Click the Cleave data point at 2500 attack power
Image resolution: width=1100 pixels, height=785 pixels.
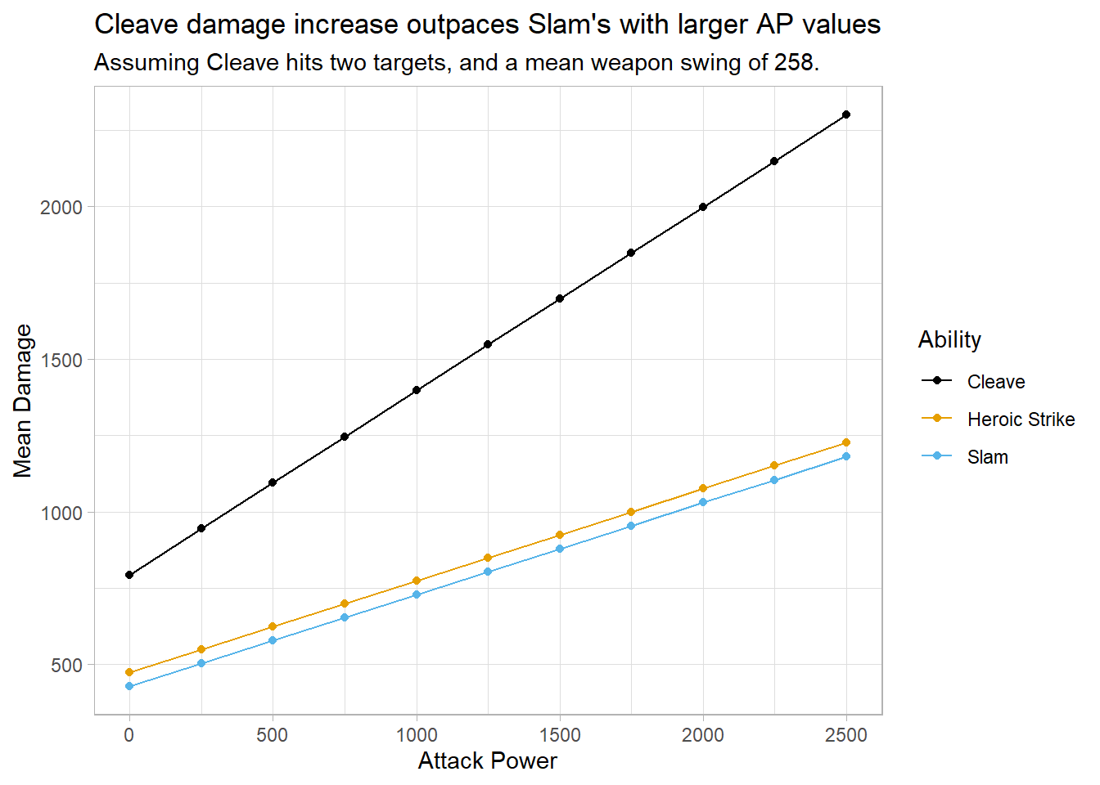pos(846,114)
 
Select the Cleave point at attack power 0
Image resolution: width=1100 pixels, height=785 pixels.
pos(129,575)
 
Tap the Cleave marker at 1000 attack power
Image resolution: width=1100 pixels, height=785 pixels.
pos(417,390)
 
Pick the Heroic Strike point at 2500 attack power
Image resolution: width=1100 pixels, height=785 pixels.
pos(846,442)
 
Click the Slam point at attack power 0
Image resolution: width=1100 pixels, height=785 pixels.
pos(129,686)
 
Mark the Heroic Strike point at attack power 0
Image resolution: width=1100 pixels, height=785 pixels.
pos(129,672)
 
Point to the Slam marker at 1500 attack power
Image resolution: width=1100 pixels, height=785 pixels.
pos(560,549)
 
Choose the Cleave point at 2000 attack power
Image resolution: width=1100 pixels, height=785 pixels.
pos(703,207)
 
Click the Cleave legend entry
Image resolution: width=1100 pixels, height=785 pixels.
pos(995,382)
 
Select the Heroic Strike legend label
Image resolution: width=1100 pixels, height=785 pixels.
pos(1021,419)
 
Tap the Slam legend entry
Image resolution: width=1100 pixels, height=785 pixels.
pos(987,457)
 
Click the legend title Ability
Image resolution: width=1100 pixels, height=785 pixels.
pos(949,339)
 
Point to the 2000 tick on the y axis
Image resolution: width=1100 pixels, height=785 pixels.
pos(62,207)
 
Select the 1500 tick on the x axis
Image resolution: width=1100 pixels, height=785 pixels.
pos(560,735)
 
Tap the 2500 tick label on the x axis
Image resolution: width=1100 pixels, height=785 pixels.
pos(846,735)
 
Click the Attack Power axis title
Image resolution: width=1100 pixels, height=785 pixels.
pos(487,761)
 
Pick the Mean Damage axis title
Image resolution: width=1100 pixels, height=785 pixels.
pos(23,401)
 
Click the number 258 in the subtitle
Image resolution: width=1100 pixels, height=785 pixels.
pos(793,63)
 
